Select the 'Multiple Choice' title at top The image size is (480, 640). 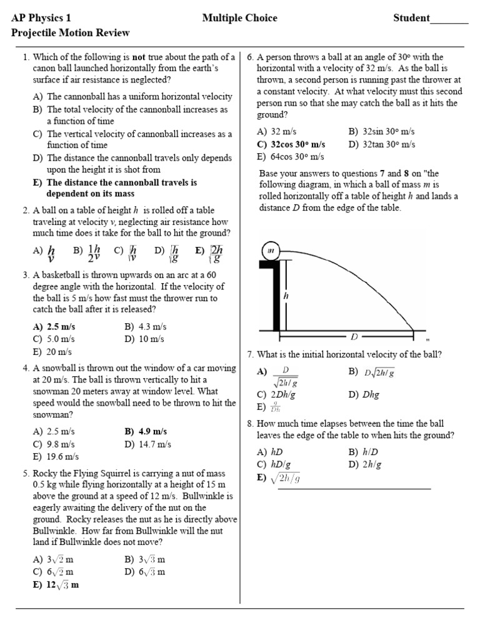[x=239, y=18]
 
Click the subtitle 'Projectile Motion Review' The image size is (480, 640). [x=71, y=32]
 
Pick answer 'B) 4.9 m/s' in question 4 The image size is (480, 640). [x=146, y=432]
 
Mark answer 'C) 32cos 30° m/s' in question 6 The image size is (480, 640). [x=291, y=144]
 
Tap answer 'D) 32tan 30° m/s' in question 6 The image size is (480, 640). [x=381, y=144]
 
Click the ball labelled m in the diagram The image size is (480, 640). [x=271, y=251]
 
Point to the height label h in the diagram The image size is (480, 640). [x=286, y=296]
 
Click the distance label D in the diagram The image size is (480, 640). [x=354, y=337]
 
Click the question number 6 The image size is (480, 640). [x=250, y=57]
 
